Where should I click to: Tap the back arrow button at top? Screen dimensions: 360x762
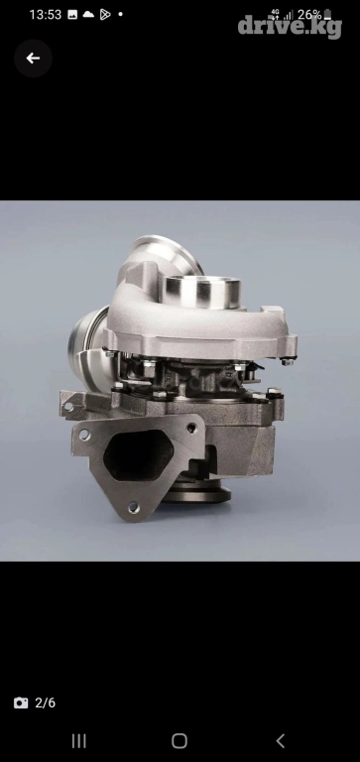point(33,59)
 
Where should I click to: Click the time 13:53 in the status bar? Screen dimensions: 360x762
point(46,15)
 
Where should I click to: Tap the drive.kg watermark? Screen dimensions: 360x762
point(290,27)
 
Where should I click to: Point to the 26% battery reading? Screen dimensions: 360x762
point(309,15)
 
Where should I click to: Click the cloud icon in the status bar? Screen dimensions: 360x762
point(88,14)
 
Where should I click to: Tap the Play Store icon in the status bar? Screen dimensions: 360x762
point(105,15)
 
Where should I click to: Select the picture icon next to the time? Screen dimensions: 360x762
point(72,15)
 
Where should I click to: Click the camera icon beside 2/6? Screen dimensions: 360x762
point(21,702)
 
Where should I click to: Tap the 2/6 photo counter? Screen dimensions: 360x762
point(46,702)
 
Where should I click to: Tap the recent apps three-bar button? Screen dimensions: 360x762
point(78,740)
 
